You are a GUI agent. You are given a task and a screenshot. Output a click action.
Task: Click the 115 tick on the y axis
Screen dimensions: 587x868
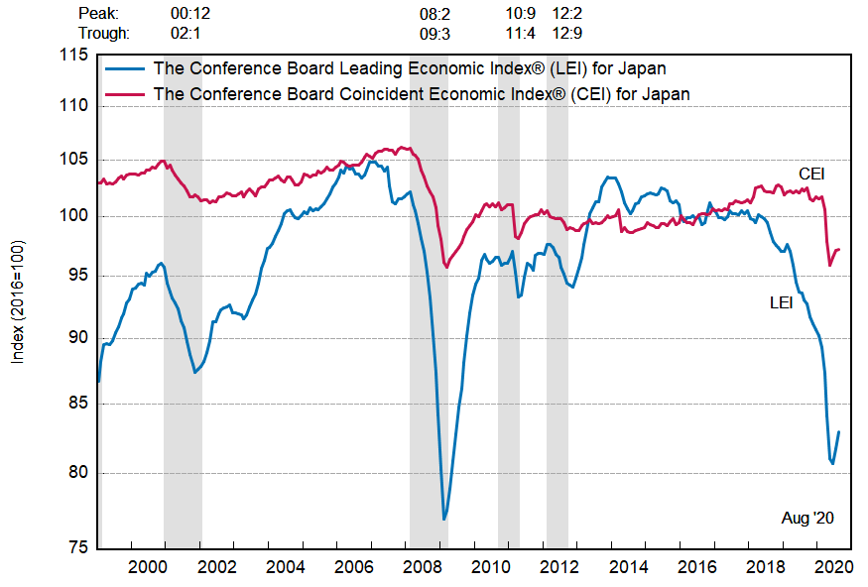tap(74, 56)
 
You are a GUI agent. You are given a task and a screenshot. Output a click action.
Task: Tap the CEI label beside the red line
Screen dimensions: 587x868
tap(811, 175)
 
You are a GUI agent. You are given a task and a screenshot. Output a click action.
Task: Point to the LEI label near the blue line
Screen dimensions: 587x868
tap(782, 302)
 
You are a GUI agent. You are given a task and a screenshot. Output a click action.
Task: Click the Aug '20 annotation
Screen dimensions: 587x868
tap(808, 518)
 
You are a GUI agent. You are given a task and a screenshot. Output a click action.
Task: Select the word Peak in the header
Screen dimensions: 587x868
tap(98, 14)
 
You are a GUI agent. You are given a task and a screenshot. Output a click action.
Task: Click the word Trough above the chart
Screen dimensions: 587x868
tap(103, 33)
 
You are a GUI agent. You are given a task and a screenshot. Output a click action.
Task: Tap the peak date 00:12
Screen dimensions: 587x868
tap(190, 14)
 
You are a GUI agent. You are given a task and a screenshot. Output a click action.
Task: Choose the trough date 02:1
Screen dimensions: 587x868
tap(186, 33)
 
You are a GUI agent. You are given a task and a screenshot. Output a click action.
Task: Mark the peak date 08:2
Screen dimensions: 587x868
tap(434, 14)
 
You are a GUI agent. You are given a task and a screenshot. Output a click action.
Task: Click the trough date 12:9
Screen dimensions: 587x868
tap(566, 33)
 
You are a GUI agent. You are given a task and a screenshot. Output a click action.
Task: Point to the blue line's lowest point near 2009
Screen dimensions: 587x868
tap(444, 520)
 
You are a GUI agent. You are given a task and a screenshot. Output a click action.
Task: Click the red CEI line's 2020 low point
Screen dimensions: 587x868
tap(830, 266)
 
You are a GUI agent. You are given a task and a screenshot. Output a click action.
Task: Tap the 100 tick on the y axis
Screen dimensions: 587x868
tap(74, 216)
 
